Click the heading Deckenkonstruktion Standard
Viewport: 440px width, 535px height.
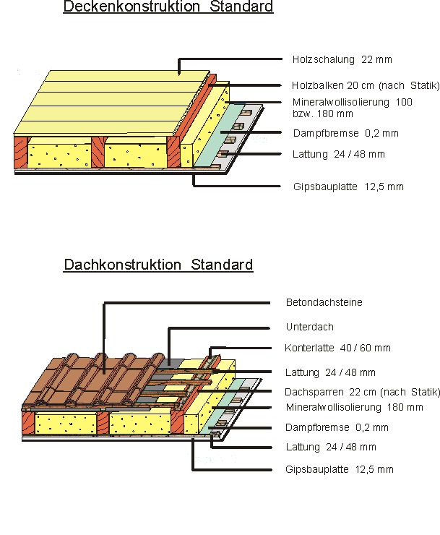pyautogui.click(x=168, y=7)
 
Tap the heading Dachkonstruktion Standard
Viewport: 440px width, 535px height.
pyautogui.click(x=158, y=265)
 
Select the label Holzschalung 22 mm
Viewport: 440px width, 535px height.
pyautogui.click(x=342, y=59)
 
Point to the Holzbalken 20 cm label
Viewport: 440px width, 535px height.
pyautogui.click(x=366, y=85)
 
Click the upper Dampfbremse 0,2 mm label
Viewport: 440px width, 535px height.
pyautogui.click(x=346, y=133)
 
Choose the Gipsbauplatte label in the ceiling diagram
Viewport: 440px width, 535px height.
pyautogui.click(x=348, y=187)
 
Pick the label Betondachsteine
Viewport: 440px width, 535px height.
pyautogui.click(x=324, y=302)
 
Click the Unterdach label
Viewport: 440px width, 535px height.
pyautogui.click(x=310, y=327)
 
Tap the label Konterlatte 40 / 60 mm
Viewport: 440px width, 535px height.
pyautogui.click(x=337, y=348)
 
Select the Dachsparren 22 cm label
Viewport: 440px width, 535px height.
pyautogui.click(x=362, y=392)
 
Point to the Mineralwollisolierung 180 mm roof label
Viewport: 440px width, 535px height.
pyautogui.click(x=355, y=407)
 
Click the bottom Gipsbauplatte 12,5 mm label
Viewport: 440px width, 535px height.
pyautogui.click(x=340, y=469)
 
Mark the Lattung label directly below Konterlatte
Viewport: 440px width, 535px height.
pyautogui.click(x=330, y=372)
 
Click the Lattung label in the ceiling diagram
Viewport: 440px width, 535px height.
pyautogui.click(x=339, y=154)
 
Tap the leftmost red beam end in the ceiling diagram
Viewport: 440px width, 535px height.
pyautogui.click(x=20, y=152)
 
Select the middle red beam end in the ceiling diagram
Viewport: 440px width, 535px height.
pyautogui.click(x=98, y=152)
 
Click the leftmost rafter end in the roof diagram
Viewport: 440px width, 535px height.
pyautogui.click(x=28, y=423)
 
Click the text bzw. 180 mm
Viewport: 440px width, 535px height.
pyautogui.click(x=323, y=114)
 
